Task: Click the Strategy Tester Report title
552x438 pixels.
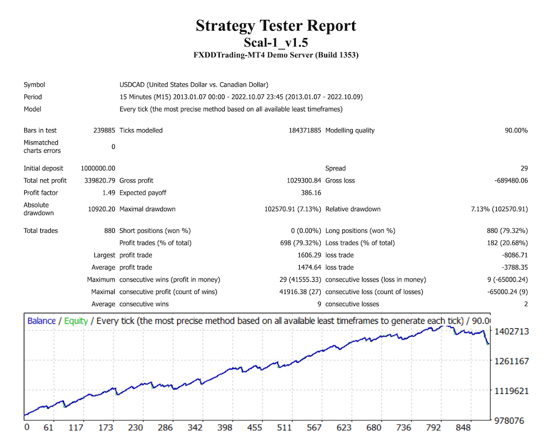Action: [276, 26]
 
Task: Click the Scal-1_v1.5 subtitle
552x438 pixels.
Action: [276, 42]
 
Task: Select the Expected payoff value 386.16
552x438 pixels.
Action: [309, 193]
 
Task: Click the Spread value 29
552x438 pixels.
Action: [524, 169]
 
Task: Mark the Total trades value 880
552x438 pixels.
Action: [109, 231]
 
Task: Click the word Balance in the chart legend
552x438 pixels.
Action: [41, 321]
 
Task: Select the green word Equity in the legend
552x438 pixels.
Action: [76, 321]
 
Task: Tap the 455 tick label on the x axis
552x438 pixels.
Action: [254, 428]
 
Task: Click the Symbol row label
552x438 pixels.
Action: [34, 85]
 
